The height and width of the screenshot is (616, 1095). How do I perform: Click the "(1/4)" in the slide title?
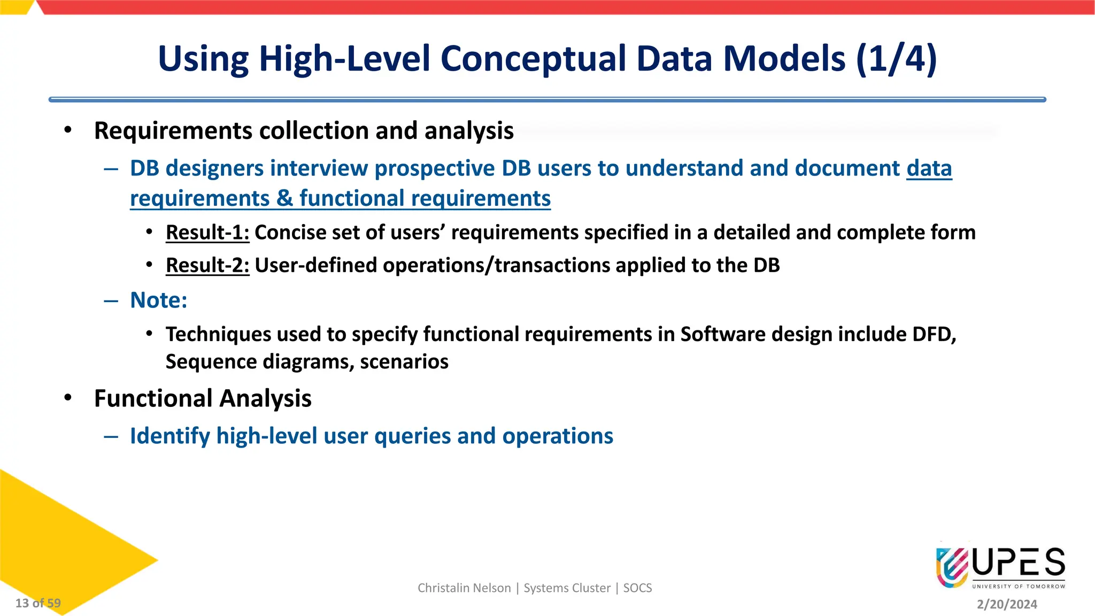point(896,59)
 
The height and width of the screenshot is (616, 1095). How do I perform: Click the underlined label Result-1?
point(207,233)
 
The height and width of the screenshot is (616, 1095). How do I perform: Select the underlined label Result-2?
point(207,265)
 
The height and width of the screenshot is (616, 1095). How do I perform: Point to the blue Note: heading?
point(159,301)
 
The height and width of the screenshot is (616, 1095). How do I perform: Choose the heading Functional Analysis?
point(203,399)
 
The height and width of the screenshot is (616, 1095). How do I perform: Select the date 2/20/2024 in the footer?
point(1007,604)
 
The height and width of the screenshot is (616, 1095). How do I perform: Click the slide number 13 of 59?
point(38,603)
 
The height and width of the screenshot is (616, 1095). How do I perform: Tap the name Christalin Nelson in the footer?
point(464,588)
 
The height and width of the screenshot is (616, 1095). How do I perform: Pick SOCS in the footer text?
point(637,588)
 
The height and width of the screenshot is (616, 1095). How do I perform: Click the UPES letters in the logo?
point(1018,563)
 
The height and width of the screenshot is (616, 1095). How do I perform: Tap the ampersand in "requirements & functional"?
point(285,199)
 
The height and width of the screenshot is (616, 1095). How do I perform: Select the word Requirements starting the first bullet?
point(173,131)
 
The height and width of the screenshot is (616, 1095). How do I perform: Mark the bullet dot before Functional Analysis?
point(67,398)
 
